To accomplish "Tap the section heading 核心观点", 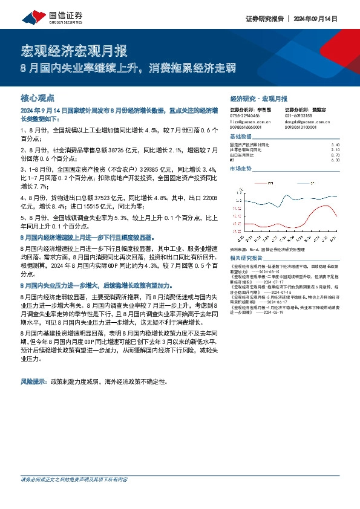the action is pos(38,97).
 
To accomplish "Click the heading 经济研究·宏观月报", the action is pos(259,98).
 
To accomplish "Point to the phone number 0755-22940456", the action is pos(245,115).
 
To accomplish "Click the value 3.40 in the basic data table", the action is pos(336,145).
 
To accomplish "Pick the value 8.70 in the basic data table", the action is pos(336,155).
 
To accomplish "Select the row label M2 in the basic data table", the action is pos(233,160).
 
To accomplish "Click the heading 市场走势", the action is pos(240,169).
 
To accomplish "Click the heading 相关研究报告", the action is pos(247,257).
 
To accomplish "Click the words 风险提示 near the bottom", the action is pos(34,382).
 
